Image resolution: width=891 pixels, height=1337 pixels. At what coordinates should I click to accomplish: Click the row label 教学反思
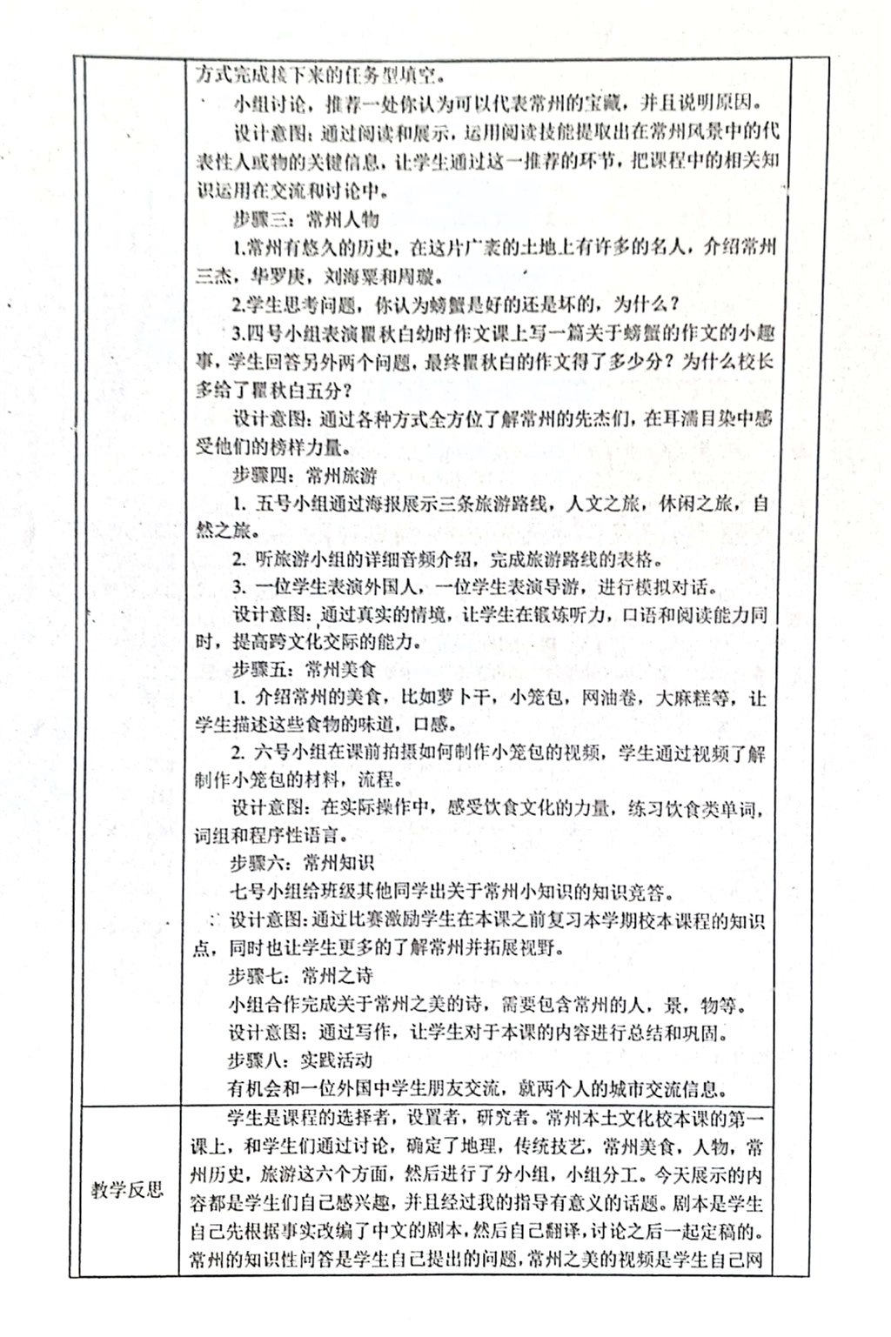(128, 1189)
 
